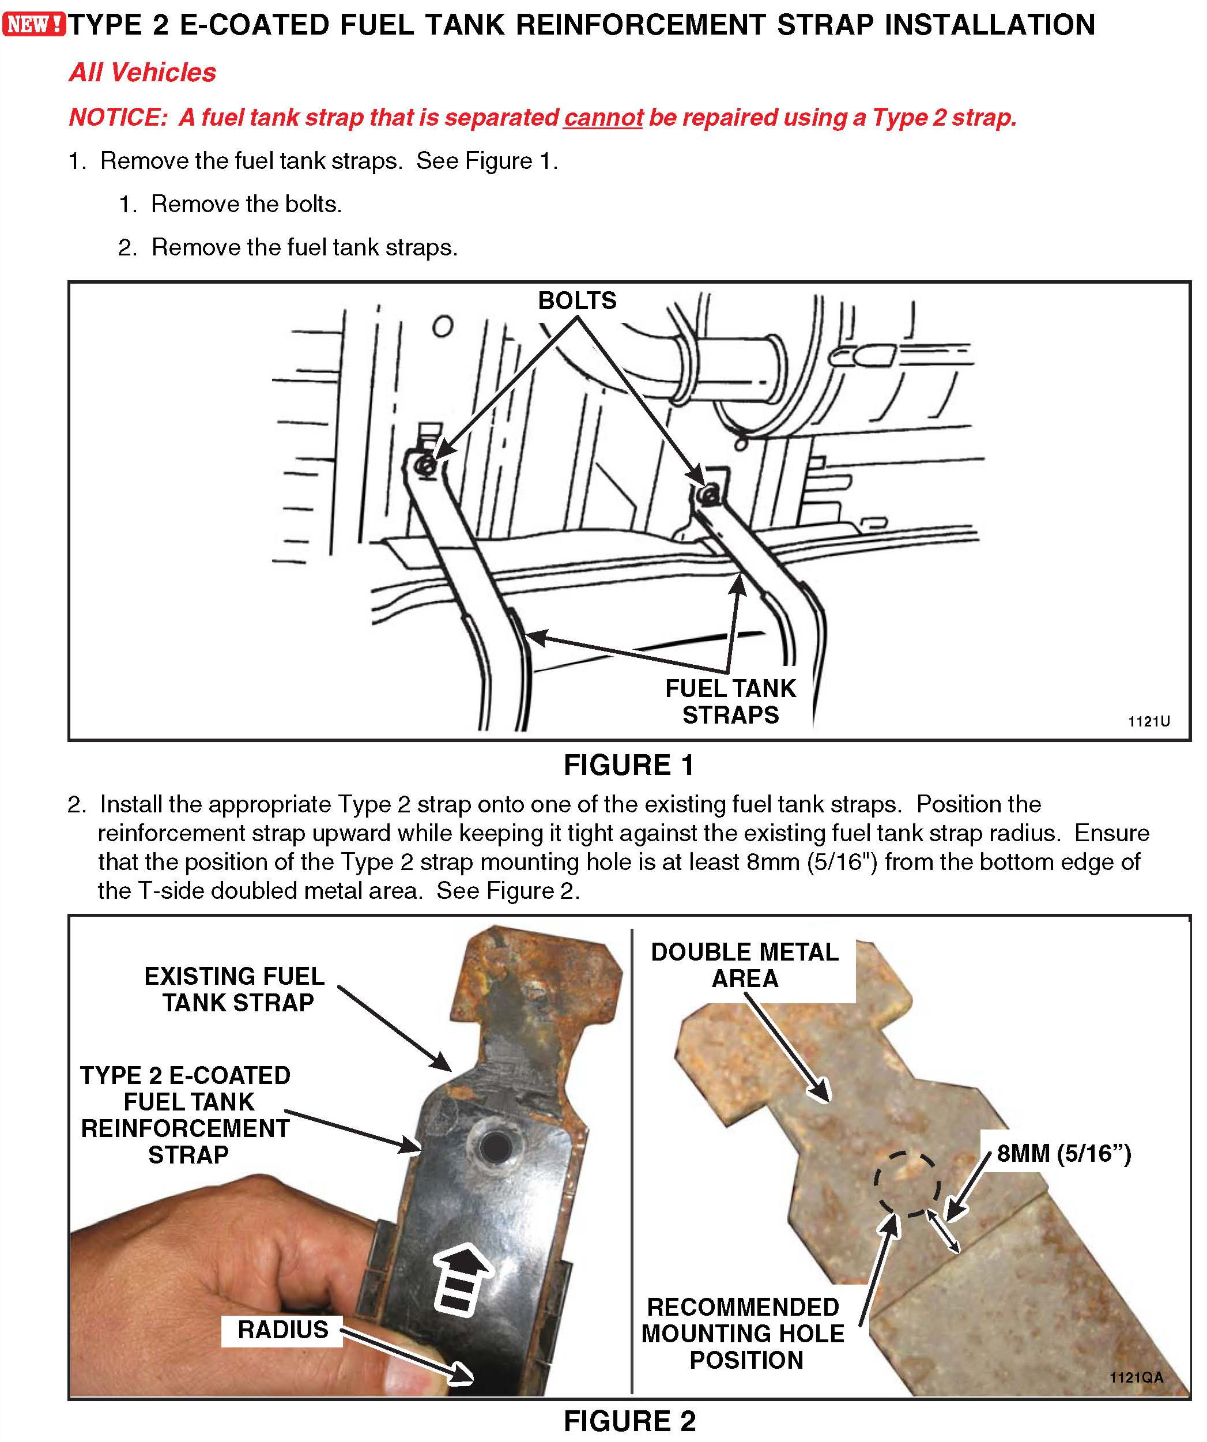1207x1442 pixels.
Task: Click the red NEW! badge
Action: (x=33, y=25)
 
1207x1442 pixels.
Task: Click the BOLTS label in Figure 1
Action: (x=577, y=301)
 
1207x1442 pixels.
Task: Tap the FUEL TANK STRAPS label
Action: (x=730, y=702)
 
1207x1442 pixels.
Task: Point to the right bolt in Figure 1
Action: (x=708, y=493)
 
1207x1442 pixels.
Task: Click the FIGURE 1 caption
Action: (x=628, y=766)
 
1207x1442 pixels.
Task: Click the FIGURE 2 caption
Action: (x=629, y=1421)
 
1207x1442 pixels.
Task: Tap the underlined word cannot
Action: (x=603, y=118)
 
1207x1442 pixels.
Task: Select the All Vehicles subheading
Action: (x=143, y=73)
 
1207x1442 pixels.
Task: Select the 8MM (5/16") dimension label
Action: (x=1063, y=1154)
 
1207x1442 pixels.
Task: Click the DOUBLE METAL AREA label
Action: (x=744, y=965)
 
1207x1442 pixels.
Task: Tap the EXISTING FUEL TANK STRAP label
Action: (x=235, y=989)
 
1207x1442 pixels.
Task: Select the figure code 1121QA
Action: (x=1136, y=1377)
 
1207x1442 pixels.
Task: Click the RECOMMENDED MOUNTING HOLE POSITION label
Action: (x=744, y=1334)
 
